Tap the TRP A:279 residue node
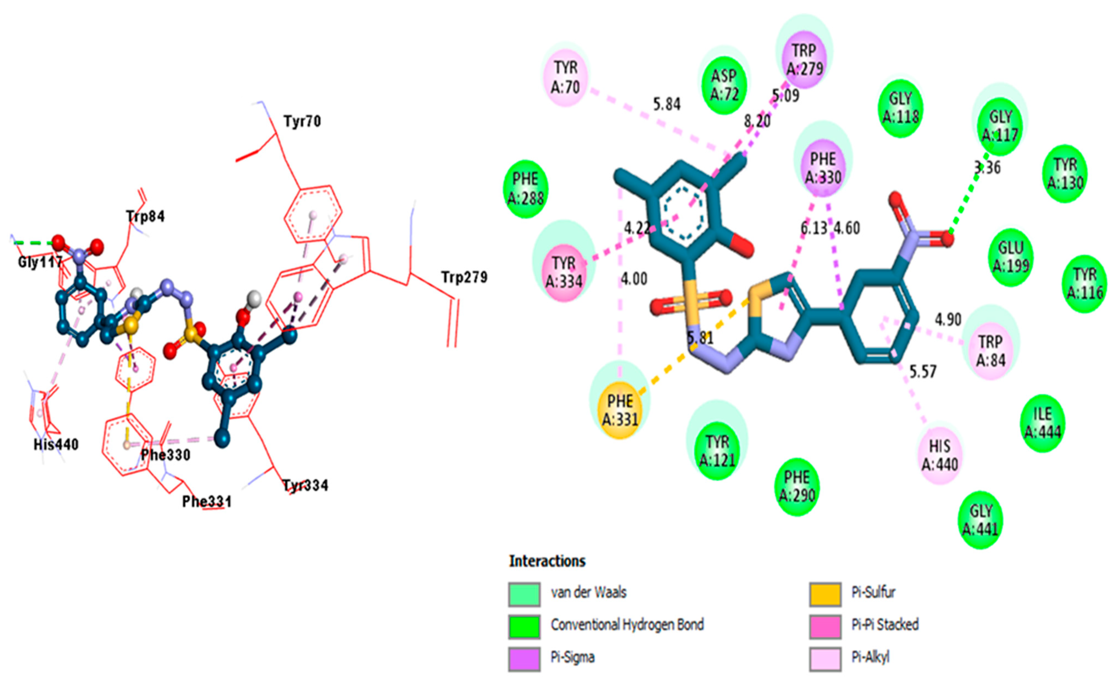(805, 59)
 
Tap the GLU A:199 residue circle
(1010, 257)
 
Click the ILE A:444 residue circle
(1043, 422)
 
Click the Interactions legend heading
(547, 561)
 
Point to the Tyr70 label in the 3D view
(302, 121)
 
